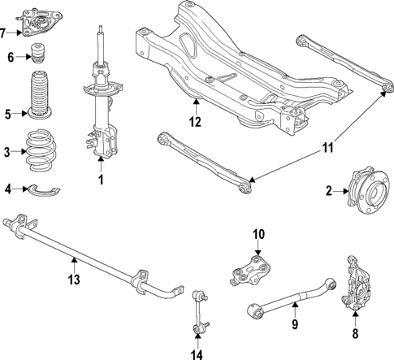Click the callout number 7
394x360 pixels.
[x=5, y=33]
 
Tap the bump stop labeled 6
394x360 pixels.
[x=37, y=57]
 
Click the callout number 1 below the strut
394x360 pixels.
[x=101, y=179]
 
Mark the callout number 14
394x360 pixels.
[x=197, y=353]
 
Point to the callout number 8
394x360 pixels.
[x=354, y=332]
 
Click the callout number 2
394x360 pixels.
[x=329, y=192]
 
